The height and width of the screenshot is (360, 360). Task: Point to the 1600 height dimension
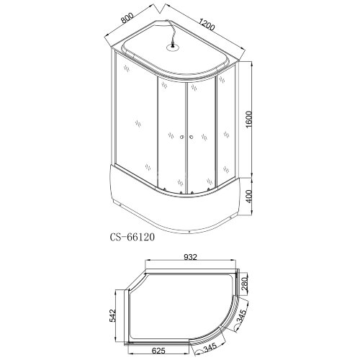tap(249, 120)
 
